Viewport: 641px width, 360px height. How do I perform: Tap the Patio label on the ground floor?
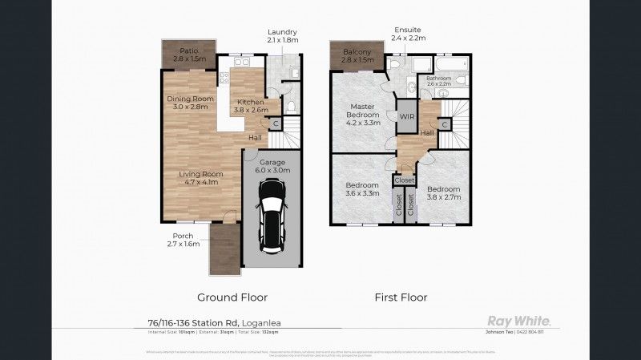(x=189, y=55)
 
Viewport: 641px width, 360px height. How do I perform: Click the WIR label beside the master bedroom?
(x=406, y=116)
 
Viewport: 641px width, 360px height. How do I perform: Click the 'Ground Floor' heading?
(x=232, y=297)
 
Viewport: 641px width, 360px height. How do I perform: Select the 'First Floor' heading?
(x=401, y=297)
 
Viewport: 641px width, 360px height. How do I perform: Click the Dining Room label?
(x=187, y=103)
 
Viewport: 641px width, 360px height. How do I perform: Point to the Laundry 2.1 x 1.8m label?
(x=282, y=35)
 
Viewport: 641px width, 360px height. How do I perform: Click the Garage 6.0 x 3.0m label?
(x=273, y=166)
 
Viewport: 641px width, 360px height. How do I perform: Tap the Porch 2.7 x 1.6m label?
(x=183, y=240)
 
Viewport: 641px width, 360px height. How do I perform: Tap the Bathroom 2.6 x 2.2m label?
(x=440, y=80)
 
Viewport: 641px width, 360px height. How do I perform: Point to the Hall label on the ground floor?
(x=255, y=137)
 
